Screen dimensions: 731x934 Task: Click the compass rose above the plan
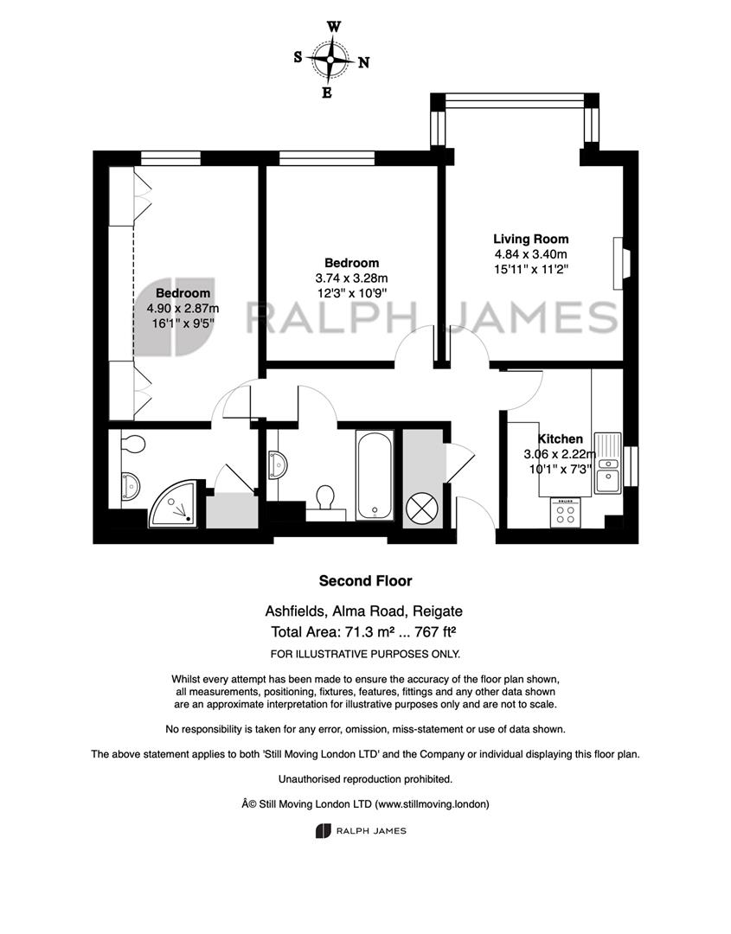(x=330, y=59)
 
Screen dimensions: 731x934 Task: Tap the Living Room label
(x=531, y=239)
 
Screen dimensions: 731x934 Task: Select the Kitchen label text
(x=560, y=439)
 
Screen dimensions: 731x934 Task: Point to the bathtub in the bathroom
(x=375, y=475)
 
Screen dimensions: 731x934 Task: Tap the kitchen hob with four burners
(x=566, y=513)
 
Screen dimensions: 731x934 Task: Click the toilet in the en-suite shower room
(x=131, y=444)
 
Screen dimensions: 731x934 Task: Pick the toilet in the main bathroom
(x=325, y=499)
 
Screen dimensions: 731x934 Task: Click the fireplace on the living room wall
(x=621, y=263)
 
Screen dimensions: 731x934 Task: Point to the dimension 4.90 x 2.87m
(x=183, y=309)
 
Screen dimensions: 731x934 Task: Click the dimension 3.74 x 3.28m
(x=351, y=278)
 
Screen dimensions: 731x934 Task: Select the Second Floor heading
(x=365, y=581)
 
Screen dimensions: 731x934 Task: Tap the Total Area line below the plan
(x=364, y=632)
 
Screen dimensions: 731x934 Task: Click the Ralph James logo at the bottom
(x=361, y=831)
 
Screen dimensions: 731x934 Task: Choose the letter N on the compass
(x=363, y=62)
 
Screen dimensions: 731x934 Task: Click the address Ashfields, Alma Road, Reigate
(x=364, y=611)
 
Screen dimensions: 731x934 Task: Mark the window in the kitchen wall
(x=631, y=466)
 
